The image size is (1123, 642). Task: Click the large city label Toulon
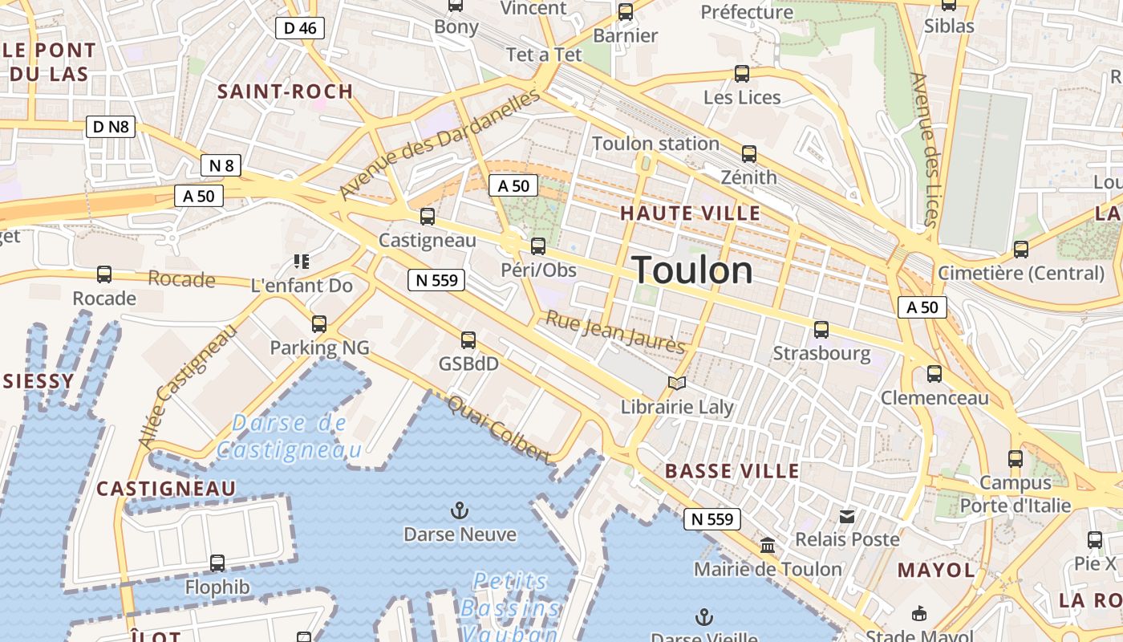point(693,270)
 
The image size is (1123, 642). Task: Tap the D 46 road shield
point(300,28)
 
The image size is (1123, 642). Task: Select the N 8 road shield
point(221,166)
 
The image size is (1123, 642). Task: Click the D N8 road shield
point(111,126)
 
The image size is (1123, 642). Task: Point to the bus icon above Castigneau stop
point(428,216)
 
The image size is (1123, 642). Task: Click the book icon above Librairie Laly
point(677,383)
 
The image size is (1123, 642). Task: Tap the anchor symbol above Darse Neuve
point(460,510)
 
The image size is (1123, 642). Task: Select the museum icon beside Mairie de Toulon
point(768,546)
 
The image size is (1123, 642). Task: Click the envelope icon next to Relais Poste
point(847,517)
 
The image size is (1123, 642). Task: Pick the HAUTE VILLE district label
point(690,213)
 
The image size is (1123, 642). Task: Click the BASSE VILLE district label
point(732,471)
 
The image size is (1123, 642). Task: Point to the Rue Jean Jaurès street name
point(615,332)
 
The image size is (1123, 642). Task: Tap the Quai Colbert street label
point(500,429)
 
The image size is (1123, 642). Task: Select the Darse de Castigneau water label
point(289,436)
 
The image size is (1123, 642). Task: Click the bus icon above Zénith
point(748,153)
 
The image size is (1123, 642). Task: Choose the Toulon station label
point(655,144)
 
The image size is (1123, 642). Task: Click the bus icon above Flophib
point(217,563)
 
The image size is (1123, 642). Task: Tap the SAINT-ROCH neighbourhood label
point(285,91)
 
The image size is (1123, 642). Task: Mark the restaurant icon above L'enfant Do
point(302,261)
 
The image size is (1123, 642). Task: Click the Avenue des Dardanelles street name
point(440,144)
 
